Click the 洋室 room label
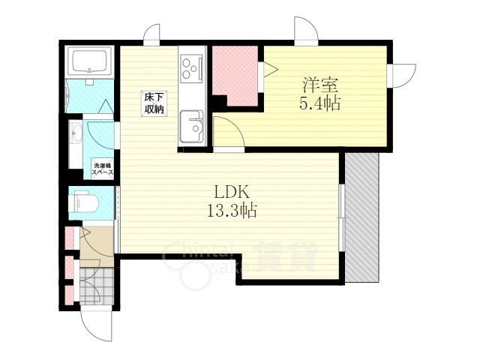[320, 85]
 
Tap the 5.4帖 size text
[320, 103]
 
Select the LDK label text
[231, 193]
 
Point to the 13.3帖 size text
[232, 210]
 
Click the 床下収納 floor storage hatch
[154, 103]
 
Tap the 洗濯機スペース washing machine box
[103, 169]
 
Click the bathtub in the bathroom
[90, 61]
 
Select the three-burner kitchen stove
[192, 68]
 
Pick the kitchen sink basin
[192, 126]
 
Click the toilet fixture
[84, 202]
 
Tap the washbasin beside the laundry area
[76, 133]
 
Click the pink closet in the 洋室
[235, 76]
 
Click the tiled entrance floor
[97, 286]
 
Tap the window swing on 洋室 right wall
[402, 76]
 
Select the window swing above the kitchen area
[151, 34]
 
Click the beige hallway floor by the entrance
[97, 247]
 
